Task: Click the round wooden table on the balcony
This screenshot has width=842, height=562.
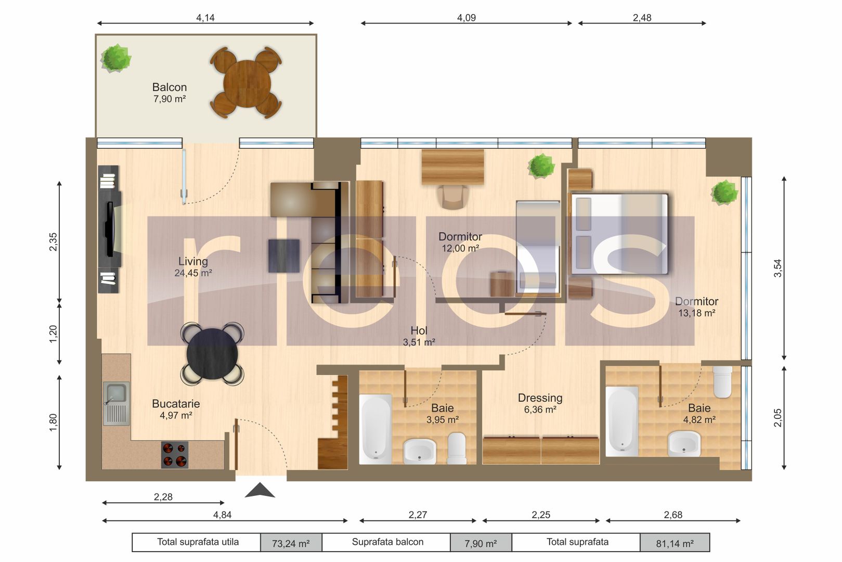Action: [247, 84]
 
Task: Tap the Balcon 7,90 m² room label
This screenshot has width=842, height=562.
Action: [170, 93]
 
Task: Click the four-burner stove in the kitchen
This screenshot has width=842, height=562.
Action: [174, 455]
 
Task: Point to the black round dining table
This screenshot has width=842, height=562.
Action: [212, 354]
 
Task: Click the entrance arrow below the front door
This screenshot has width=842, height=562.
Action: [260, 491]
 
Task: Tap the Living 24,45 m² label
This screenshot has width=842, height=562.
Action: [193, 266]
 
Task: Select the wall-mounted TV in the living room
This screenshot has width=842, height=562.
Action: [110, 229]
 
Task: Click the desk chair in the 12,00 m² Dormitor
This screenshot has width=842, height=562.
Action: [452, 197]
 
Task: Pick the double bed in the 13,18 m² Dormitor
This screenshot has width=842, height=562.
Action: [619, 234]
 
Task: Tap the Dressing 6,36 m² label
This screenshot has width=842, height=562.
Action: [540, 403]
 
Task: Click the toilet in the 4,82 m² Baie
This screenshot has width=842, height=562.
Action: [722, 381]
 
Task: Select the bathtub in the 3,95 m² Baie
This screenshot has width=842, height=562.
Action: [375, 428]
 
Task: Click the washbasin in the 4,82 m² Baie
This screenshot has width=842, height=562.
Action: [684, 444]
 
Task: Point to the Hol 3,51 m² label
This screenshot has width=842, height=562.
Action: [419, 336]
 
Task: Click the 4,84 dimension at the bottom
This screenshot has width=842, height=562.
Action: [222, 515]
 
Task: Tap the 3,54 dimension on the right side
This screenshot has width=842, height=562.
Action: [778, 267]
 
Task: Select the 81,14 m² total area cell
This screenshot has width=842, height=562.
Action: [675, 543]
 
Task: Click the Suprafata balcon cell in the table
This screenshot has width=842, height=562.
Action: [387, 542]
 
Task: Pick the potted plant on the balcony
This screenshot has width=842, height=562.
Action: [115, 58]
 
